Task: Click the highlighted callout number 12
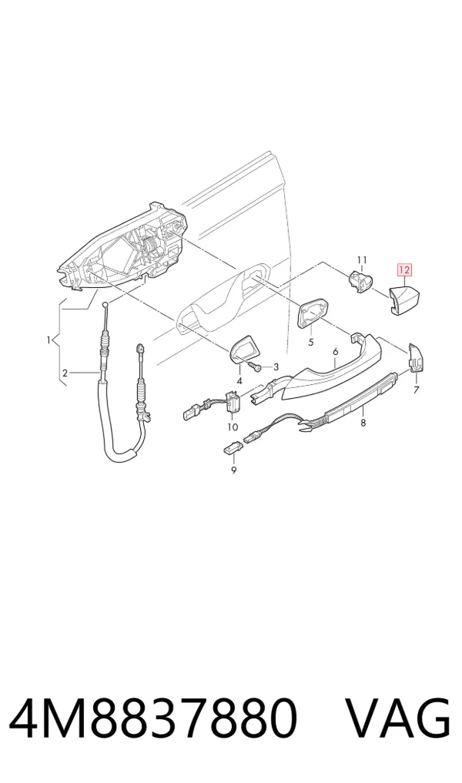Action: (404, 270)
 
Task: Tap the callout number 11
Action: (362, 259)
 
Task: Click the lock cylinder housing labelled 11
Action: (362, 281)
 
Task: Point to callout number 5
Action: (310, 342)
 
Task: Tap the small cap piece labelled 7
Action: (415, 358)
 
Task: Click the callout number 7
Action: (417, 390)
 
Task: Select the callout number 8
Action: (363, 423)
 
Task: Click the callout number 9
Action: (234, 470)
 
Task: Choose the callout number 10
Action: (233, 427)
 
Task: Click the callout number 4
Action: (239, 381)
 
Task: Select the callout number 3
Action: (276, 367)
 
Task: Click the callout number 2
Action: (65, 373)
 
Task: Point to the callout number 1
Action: (49, 340)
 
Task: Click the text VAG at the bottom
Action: (398, 719)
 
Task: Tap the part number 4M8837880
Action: (153, 719)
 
